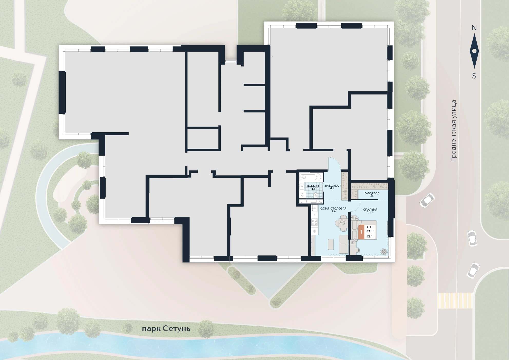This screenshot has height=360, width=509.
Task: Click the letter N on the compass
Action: tap(474, 28)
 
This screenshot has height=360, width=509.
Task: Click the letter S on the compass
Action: tap(474, 76)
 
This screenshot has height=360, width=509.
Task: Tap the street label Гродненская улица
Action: tap(454, 131)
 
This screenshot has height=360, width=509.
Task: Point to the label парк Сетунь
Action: tap(166, 329)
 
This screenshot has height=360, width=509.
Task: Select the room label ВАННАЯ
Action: tap(313, 186)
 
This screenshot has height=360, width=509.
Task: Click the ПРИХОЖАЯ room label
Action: tap(332, 186)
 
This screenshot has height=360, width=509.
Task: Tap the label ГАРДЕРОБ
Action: tap(372, 193)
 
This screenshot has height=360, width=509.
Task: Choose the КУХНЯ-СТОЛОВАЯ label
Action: tap(333, 209)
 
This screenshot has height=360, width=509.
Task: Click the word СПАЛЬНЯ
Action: tap(370, 210)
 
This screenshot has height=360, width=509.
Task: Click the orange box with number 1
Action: tap(361, 232)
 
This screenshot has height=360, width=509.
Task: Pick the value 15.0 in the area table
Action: tap(369, 227)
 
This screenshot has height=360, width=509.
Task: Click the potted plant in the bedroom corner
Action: tap(384, 251)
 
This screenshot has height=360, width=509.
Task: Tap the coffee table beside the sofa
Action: tap(331, 244)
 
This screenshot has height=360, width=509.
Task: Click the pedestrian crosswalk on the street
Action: tap(455, 300)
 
